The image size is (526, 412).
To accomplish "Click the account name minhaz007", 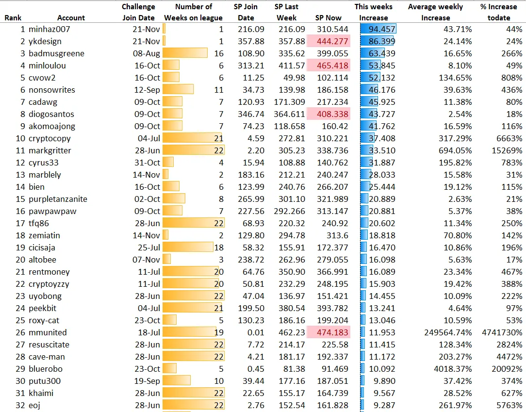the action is (x=49, y=29).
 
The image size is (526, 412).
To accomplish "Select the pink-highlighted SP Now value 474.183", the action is (x=329, y=332).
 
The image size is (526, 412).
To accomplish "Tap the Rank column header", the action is (x=13, y=18).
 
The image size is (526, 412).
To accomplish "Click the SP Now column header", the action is (x=329, y=18).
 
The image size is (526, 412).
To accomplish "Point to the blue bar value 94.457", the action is (x=378, y=29).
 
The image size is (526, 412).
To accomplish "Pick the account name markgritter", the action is (x=50, y=150).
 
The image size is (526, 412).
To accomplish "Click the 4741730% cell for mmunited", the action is (x=502, y=332).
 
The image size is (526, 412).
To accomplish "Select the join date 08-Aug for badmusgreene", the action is (x=147, y=53).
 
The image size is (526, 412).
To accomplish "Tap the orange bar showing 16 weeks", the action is (x=185, y=53).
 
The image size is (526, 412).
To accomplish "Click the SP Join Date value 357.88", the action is (x=251, y=41).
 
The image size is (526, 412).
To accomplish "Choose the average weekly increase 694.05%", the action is (x=455, y=150).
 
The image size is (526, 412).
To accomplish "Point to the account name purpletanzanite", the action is (x=58, y=199).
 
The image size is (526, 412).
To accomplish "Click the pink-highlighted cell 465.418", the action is (x=329, y=66).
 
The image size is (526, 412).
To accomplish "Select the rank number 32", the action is (x=20, y=405).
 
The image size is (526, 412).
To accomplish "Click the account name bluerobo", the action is (x=46, y=369).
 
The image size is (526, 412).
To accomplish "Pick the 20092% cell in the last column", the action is (x=507, y=369).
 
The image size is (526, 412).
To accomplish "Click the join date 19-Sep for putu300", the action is (x=147, y=381).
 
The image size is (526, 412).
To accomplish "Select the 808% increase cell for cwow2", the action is (x=511, y=78).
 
